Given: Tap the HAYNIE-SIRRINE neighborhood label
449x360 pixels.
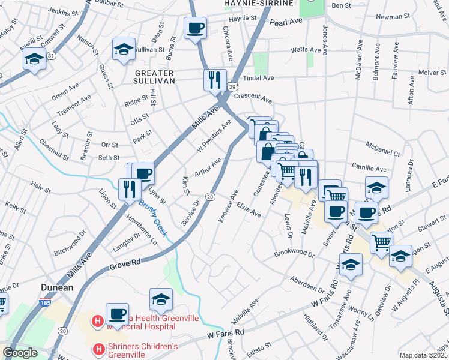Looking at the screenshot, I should coord(258,3).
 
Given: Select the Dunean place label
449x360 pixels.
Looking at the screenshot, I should coord(57,287).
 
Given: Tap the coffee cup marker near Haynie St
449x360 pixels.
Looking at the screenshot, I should coord(196,28).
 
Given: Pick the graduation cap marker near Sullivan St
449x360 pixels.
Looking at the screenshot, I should coord(124,49).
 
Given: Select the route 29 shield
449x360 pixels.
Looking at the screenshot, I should coord(231,88).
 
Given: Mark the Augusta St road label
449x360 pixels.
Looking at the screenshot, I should coord(438,294).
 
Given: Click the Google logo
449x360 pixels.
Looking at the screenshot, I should coord(20,353).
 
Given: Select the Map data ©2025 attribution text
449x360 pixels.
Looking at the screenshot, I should coord(423,355).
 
